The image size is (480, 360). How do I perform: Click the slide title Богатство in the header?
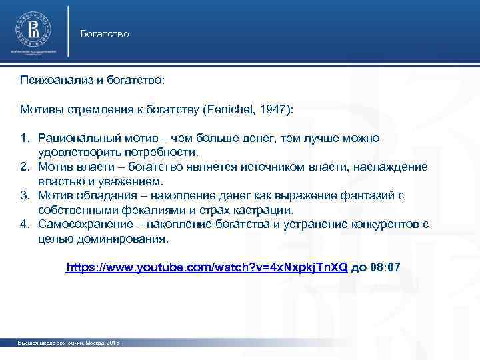(x=104, y=33)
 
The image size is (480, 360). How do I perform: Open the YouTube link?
(x=207, y=267)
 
